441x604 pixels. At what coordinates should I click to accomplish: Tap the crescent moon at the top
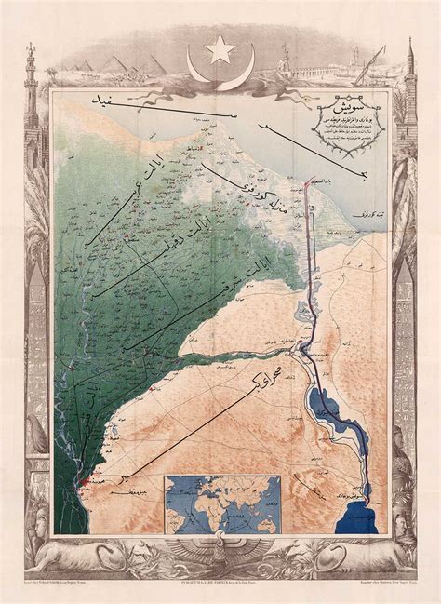click(221, 69)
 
